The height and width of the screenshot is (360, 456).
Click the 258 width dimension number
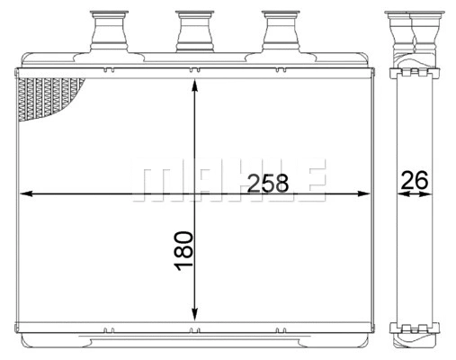tap(267, 183)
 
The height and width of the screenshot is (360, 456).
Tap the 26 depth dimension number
tap(414, 180)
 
